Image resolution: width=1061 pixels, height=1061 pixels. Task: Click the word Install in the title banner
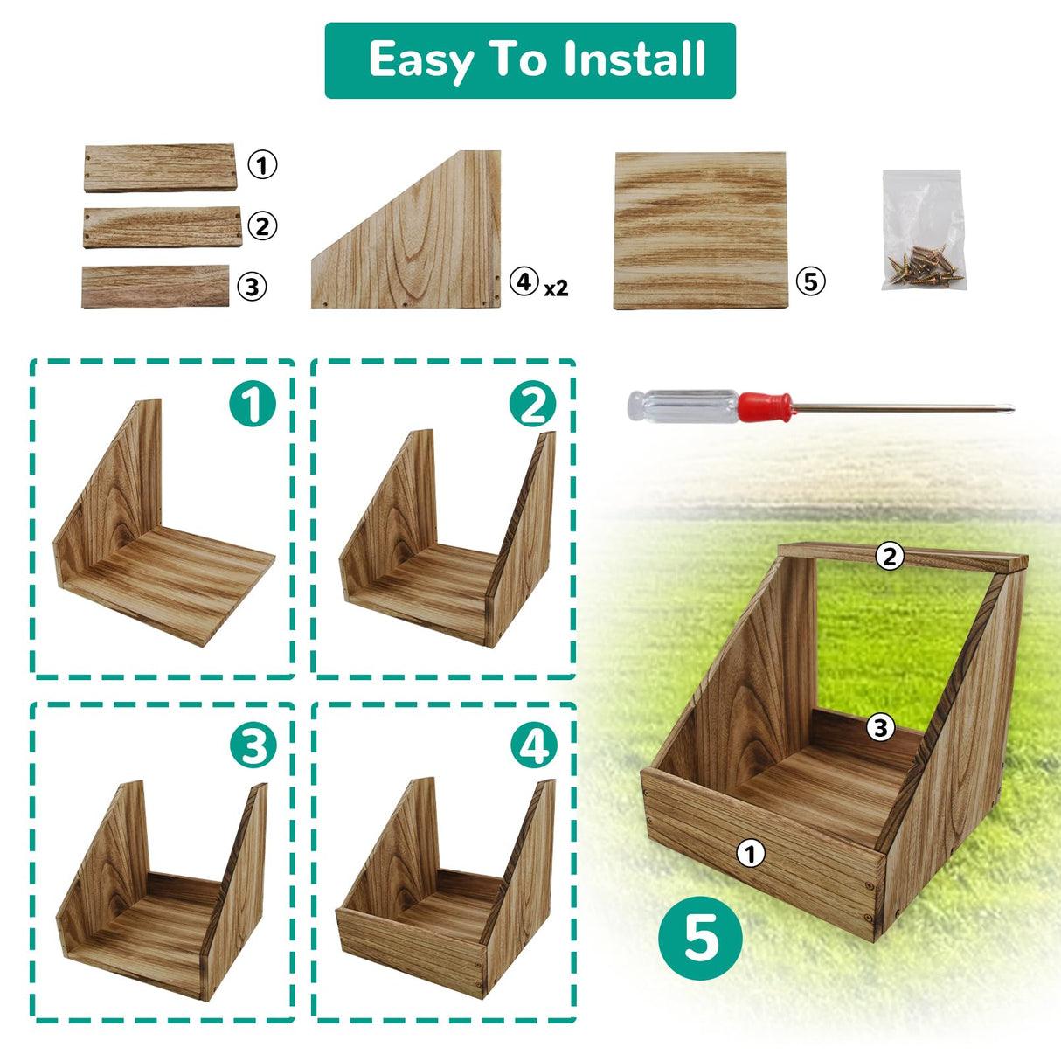pos(634,59)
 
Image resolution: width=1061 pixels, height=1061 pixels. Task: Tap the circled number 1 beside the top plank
pos(262,164)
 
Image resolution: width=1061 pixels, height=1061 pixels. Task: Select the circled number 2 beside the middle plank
pos(262,226)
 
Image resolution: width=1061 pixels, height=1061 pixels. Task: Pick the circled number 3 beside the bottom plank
pos(252,287)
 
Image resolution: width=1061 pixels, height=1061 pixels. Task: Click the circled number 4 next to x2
pos(524,281)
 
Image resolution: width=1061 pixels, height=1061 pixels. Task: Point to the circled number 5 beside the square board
pos(810,281)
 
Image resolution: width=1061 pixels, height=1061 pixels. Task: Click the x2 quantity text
pos(556,288)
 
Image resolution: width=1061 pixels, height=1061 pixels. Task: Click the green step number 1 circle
pos(253,404)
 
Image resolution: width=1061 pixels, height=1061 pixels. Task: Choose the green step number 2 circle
pos(532,404)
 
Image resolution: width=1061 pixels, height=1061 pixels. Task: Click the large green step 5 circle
pos(700,938)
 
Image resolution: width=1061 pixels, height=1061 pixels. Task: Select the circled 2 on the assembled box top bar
pos(890,556)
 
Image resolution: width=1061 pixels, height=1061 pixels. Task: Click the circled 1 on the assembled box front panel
pos(750,853)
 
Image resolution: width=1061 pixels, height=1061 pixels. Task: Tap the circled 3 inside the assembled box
pos(880,727)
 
